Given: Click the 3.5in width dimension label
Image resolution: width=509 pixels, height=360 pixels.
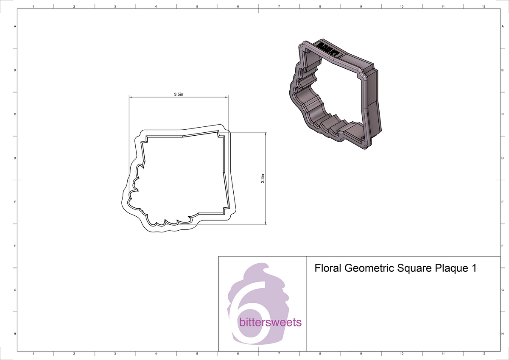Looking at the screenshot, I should (179, 94).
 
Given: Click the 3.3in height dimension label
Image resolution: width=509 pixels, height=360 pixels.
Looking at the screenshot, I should (263, 179).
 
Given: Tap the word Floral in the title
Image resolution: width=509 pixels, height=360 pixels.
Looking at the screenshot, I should (328, 268).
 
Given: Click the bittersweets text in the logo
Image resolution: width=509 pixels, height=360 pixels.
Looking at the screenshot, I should (270, 323).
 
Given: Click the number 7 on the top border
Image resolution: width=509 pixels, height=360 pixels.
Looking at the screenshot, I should (279, 6).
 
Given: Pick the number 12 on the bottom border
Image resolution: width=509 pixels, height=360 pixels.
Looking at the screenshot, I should (484, 354).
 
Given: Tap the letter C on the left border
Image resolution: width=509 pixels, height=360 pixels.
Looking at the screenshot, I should (15, 114).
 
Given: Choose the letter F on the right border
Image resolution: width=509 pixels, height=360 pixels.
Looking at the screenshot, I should (502, 246).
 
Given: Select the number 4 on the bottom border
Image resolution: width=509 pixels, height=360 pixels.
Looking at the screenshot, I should (156, 354).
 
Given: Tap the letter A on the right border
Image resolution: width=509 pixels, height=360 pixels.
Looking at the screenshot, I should (502, 26).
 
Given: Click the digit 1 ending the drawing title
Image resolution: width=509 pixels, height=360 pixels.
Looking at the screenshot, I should (473, 269).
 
